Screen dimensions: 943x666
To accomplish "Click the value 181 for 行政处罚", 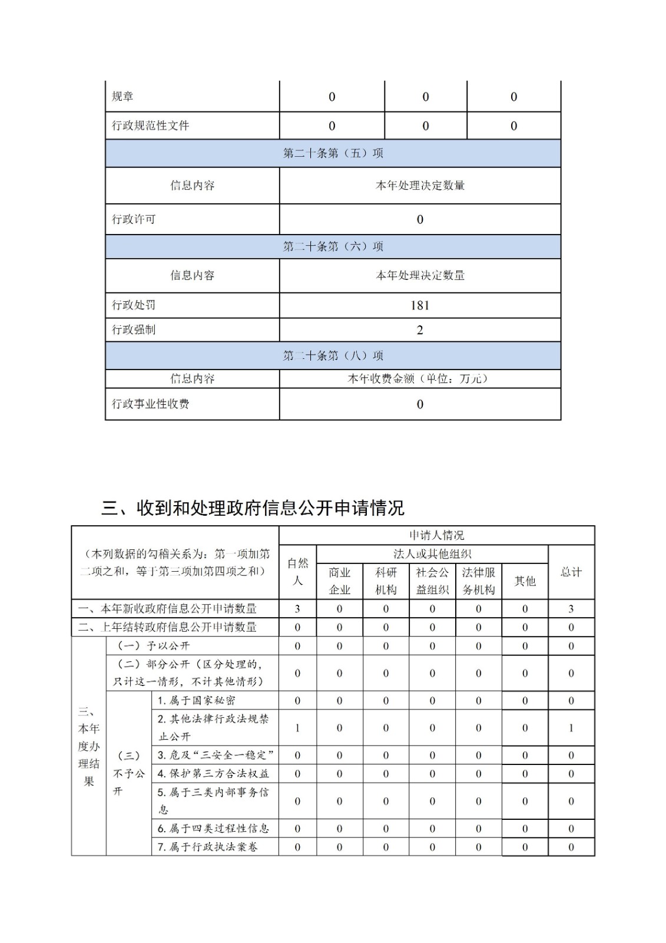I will (419, 305).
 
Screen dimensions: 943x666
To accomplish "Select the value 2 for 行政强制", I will (419, 330).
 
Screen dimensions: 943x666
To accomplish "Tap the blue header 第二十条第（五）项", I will (333, 153).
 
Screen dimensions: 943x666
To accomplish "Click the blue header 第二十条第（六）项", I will (333, 246).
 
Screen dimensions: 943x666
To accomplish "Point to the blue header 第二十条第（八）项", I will (333, 355).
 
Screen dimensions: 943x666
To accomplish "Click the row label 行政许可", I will (134, 219).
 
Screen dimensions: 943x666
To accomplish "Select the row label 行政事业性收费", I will (151, 404).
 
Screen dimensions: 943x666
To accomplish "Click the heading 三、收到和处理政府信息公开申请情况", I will (253, 507).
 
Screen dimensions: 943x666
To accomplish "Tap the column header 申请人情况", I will (436, 535).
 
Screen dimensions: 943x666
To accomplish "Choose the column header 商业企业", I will (339, 581).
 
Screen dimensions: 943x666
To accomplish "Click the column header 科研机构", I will (386, 581).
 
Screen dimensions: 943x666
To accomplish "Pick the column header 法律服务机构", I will (478, 581).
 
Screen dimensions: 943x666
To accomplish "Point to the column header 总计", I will (571, 572).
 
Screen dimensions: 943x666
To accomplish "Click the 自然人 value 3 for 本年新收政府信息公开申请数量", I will (297, 609).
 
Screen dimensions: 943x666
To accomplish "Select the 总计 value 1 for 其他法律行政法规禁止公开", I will (571, 728).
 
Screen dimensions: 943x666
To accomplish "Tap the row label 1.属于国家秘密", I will (197, 700).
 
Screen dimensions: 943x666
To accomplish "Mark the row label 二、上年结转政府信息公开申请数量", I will (167, 627).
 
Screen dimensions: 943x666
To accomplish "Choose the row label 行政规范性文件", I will (151, 126).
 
